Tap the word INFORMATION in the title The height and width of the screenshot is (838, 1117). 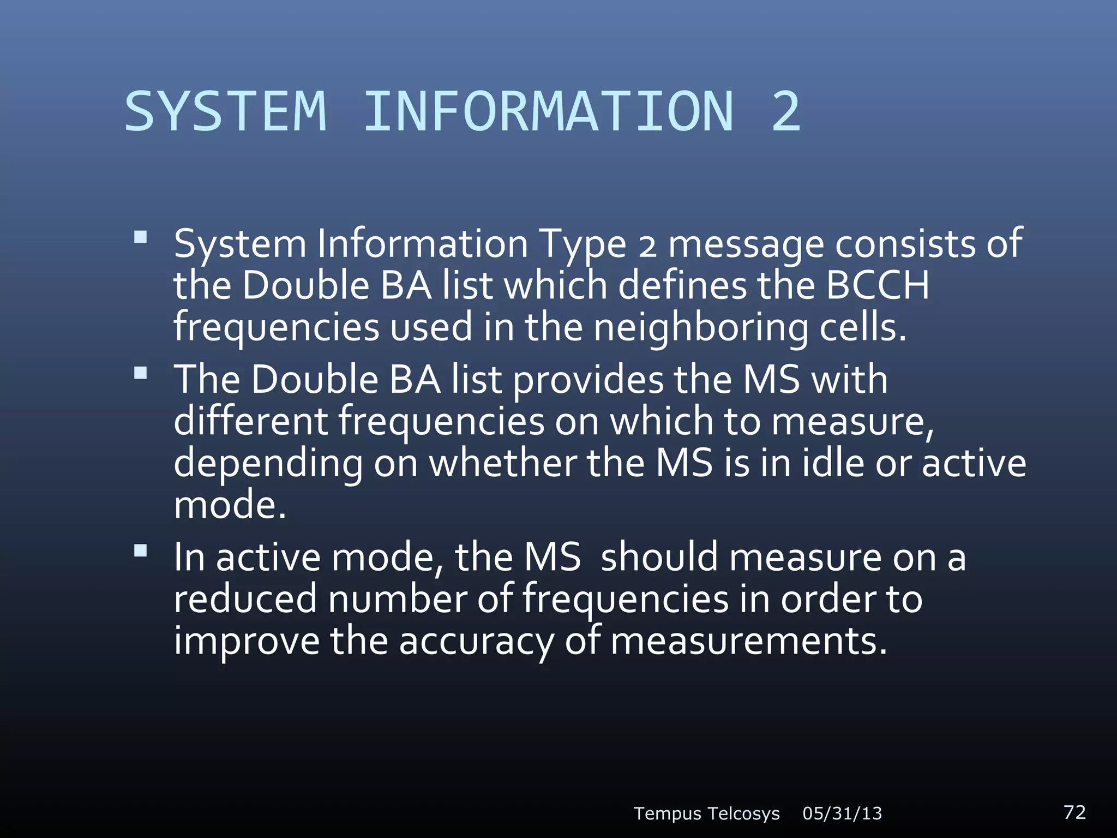548,112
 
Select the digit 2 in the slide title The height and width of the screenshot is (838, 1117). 786,112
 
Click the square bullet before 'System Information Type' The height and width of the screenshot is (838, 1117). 141,237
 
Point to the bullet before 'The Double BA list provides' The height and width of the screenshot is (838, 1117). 141,374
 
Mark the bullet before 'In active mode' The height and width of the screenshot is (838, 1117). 141,551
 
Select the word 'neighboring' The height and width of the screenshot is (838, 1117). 700,327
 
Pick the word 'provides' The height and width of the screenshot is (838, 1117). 588,380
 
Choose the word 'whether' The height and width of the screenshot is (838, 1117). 502,463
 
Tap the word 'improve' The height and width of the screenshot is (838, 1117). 246,641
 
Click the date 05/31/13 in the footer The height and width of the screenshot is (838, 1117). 842,813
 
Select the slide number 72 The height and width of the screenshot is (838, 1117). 1074,812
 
